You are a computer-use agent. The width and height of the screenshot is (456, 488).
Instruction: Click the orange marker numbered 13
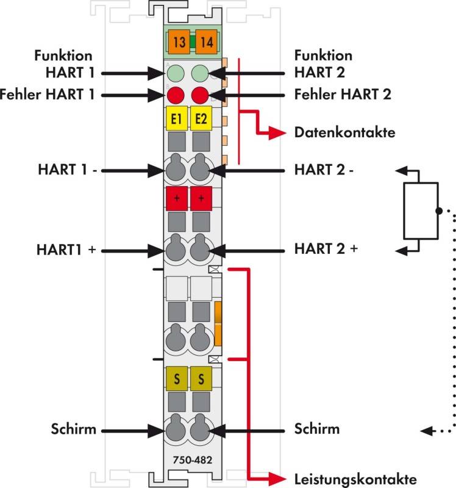pyautogui.click(x=179, y=42)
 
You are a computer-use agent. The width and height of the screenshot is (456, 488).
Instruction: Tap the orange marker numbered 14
pyautogui.click(x=206, y=42)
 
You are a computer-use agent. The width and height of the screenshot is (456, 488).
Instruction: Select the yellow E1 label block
pyautogui.click(x=177, y=118)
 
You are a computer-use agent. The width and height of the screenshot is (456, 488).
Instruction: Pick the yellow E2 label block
pyautogui.click(x=201, y=118)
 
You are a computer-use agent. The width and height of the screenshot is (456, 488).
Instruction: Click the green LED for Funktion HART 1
pyautogui.click(x=176, y=73)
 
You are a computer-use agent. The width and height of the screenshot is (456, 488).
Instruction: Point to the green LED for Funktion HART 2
pyautogui.click(x=200, y=73)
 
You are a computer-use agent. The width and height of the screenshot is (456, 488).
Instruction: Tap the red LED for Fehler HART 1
pyautogui.click(x=176, y=95)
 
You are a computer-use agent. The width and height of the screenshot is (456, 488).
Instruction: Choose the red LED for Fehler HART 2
pyautogui.click(x=200, y=95)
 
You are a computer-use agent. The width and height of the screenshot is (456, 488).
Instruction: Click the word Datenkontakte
pyautogui.click(x=345, y=132)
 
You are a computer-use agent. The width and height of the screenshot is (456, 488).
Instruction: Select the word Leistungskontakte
pyautogui.click(x=355, y=479)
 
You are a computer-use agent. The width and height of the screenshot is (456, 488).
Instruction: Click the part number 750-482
pyautogui.click(x=193, y=460)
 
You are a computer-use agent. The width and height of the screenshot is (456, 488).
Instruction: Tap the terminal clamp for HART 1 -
pyautogui.click(x=176, y=168)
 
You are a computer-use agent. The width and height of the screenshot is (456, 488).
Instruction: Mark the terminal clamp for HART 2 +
pyautogui.click(x=200, y=249)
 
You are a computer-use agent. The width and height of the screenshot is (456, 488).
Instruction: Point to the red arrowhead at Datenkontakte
pyautogui.click(x=277, y=133)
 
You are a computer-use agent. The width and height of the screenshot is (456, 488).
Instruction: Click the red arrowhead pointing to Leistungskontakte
pyautogui.click(x=277, y=479)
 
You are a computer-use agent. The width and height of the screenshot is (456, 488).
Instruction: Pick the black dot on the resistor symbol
pyautogui.click(x=439, y=211)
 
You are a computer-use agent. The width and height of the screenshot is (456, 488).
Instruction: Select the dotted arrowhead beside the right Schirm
pyautogui.click(x=426, y=431)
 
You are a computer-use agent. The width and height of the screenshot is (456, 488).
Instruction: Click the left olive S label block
pyautogui.click(x=177, y=379)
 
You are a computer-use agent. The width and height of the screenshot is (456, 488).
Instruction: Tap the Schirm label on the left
pyautogui.click(x=74, y=429)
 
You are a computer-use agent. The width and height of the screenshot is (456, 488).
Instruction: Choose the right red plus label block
pyautogui.click(x=201, y=199)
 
